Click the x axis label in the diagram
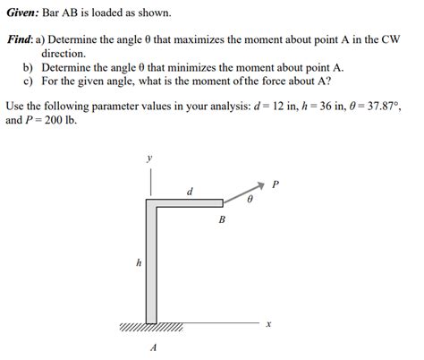click(267, 323)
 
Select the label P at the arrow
click(275, 185)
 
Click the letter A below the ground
click(154, 347)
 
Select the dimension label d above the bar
click(189, 191)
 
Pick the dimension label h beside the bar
click(138, 263)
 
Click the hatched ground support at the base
click(151, 328)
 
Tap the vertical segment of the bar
click(151, 269)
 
